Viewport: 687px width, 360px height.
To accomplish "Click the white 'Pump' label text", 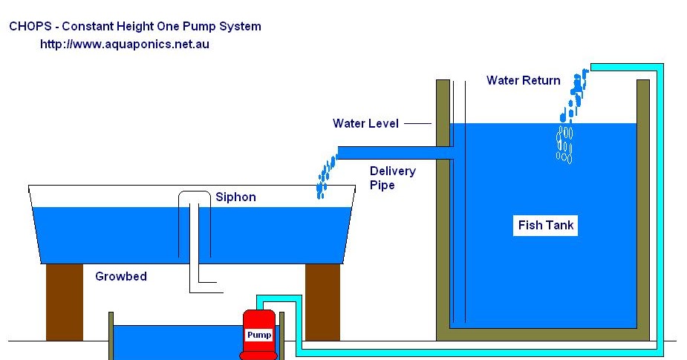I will (259, 336).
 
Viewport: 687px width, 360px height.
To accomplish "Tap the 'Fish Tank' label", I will (546, 226).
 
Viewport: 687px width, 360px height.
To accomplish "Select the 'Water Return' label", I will (523, 80).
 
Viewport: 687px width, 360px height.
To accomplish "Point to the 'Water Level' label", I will (365, 123).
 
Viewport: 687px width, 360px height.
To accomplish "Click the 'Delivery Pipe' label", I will (392, 178).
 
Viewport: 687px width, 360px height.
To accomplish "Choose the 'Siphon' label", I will (235, 197).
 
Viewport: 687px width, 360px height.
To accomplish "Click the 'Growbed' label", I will (121, 277).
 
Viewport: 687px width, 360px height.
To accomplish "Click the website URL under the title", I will (124, 45).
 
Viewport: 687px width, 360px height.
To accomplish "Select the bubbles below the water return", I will (565, 144).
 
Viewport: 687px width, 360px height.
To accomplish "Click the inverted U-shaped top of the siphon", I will (194, 194).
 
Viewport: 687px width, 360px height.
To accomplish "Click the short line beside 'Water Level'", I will (418, 123).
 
